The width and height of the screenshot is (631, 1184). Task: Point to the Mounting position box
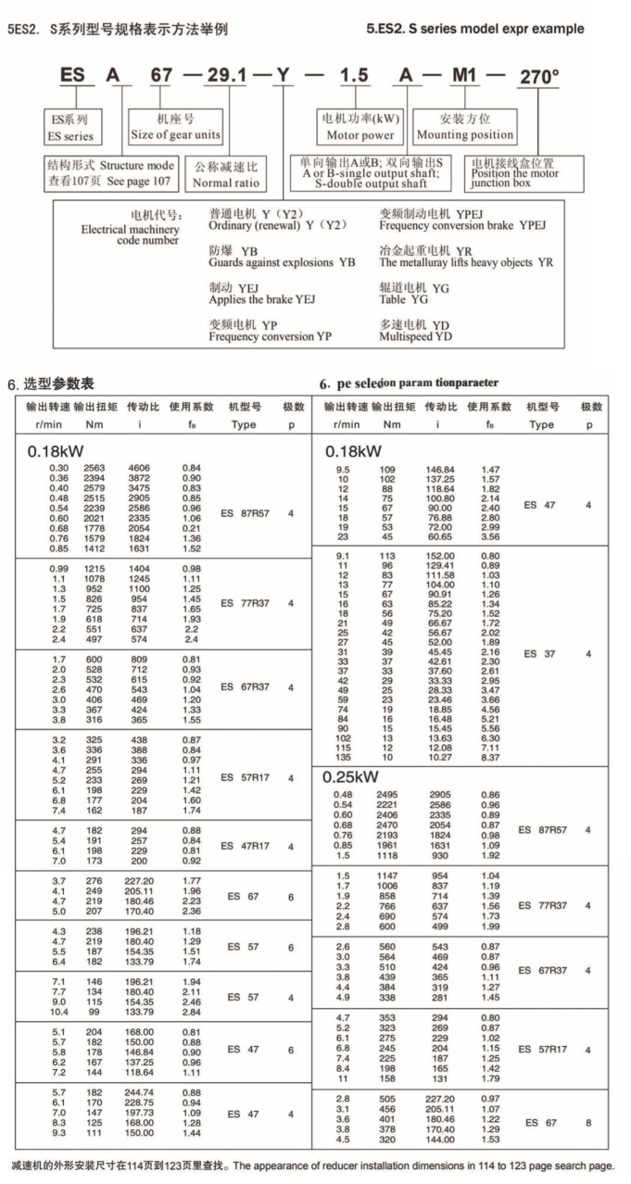(465, 127)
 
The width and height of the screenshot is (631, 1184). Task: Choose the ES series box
(71, 128)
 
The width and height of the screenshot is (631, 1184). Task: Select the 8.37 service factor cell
(490, 757)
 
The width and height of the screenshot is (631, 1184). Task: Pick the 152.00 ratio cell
(438, 556)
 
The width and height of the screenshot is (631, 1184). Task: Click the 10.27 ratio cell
(438, 757)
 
